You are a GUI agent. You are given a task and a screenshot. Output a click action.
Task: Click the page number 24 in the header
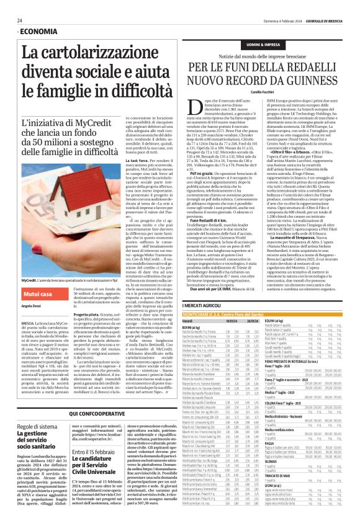19,20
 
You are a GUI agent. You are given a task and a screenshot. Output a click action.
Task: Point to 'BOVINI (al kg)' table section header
175,327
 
